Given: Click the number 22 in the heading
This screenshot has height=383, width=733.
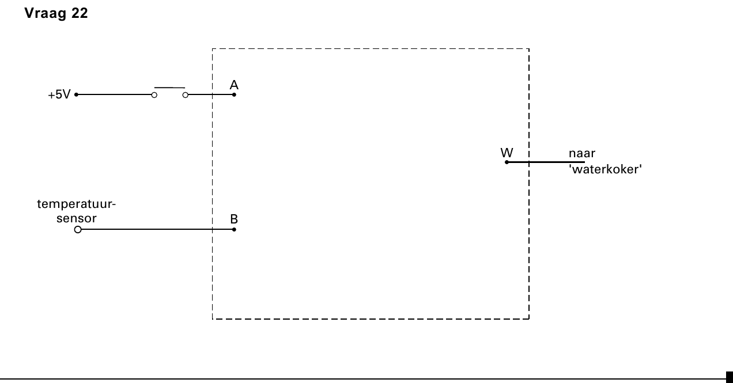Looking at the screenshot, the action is pos(80,13).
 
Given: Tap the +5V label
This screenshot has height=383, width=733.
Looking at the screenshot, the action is pos(59,94).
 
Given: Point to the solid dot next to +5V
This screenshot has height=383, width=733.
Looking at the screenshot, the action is pos(76,94).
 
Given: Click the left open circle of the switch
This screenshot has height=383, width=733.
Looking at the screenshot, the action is pos(154,95).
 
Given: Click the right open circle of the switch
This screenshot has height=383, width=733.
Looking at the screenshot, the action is pos(185,95).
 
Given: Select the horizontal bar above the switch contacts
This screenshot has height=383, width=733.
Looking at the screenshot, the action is pos(169,88).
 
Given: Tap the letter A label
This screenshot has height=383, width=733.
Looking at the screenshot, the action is pos(234,85).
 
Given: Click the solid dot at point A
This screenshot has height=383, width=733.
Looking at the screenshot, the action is pos(234,94).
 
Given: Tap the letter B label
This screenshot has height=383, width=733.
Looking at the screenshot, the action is pos(234,219).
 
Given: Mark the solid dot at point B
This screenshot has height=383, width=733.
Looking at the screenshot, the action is pos(234,229).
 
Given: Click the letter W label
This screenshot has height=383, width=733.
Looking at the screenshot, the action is pos(507,153).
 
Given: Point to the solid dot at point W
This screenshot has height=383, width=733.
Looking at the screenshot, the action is pos(507,162).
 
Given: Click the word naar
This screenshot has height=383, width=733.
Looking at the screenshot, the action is pos(582,153).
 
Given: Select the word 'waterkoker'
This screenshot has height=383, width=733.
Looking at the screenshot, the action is pos(606,169).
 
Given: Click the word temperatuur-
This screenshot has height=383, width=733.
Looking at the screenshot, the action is pos(77,204).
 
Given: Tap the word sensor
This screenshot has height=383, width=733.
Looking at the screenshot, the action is pos(77,218).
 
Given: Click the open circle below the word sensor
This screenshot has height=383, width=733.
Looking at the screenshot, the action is pos(78,229).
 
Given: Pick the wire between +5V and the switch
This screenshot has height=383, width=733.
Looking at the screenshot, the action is pos(115,94).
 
